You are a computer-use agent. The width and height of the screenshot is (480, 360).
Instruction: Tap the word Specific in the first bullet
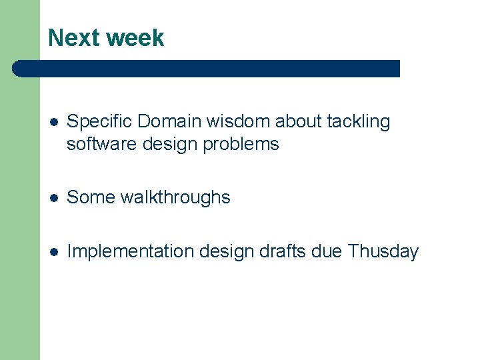[99, 122]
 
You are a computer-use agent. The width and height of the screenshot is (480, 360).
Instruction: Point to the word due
[328, 251]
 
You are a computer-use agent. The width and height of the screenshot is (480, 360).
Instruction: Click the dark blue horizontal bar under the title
[207, 69]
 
